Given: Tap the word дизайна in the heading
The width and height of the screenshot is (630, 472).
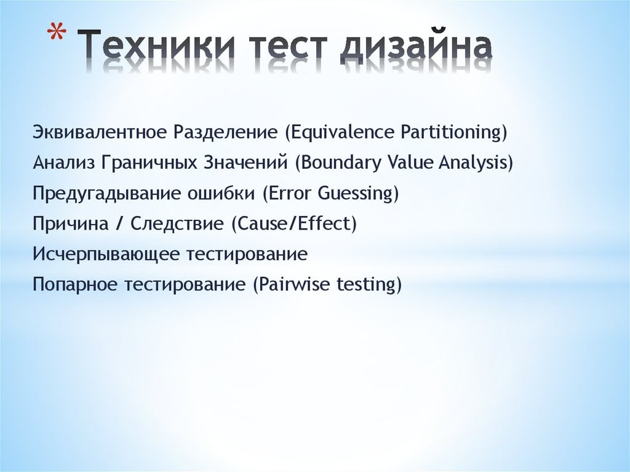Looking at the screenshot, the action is point(417,47).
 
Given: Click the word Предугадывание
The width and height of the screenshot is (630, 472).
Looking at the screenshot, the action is point(107,194).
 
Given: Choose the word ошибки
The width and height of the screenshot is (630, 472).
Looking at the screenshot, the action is point(221,193).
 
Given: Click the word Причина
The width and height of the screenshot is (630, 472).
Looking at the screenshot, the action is point(71,223).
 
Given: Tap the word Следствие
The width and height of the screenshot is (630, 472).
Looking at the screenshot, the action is point(177,223).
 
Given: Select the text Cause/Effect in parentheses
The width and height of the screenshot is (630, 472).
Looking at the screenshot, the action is point(293,223).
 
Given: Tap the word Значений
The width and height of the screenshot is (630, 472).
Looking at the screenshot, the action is point(246,163).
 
